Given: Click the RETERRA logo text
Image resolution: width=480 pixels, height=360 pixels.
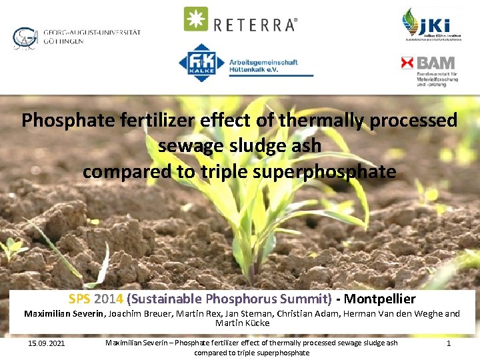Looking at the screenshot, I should point(255,25).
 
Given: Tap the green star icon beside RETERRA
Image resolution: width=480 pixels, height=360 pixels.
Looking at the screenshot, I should point(196,19).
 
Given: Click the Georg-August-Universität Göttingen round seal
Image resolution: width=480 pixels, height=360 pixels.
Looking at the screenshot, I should point(25,38).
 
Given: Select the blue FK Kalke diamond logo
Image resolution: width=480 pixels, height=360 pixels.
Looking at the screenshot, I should point(201,63).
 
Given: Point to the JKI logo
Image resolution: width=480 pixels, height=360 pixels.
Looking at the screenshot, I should point(430,25).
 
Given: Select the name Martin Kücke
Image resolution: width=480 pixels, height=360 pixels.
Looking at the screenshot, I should point(242,323).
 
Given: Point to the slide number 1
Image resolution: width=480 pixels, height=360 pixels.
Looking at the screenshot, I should point(449,343).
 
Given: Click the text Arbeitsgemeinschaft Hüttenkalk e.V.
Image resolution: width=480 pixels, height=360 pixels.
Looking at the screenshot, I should point(263,66).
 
